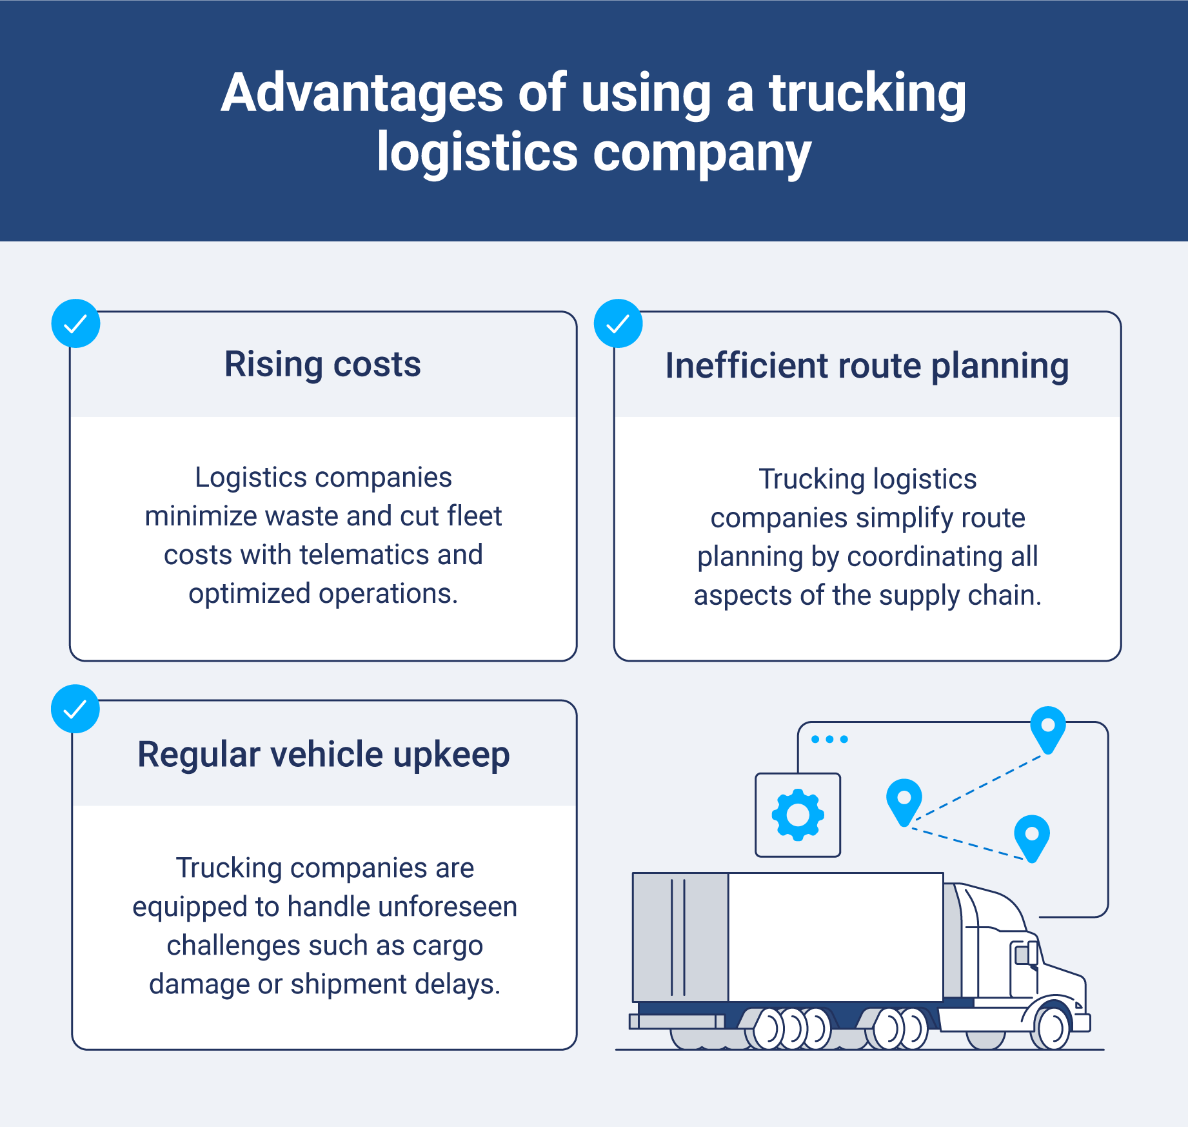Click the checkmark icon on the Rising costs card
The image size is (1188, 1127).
75,323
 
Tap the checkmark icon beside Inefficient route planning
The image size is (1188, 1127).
618,323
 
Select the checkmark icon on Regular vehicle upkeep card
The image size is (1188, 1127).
75,709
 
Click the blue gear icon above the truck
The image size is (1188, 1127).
798,815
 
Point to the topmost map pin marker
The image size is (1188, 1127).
1048,728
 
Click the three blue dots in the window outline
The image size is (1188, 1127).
829,739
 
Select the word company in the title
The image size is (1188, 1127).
701,154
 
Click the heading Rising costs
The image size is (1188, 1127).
322,364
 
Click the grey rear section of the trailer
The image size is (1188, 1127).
680,936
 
